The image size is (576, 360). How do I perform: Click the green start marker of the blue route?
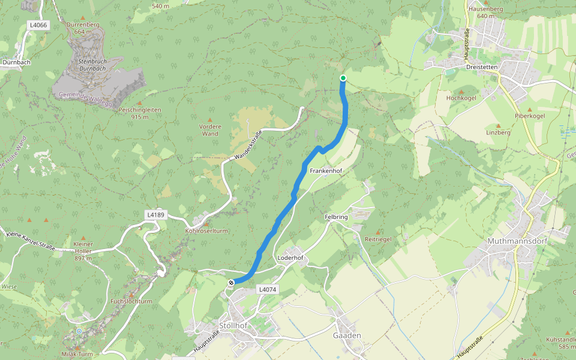point(343,78)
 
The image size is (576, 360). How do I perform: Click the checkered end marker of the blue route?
point(231,283)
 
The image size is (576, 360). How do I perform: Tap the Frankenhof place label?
point(326,171)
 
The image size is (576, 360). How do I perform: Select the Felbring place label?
point(337,217)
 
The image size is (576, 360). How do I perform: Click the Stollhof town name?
point(234,325)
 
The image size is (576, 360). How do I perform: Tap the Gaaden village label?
point(347,335)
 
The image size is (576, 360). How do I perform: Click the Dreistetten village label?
point(482,67)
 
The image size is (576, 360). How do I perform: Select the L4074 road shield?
point(268,289)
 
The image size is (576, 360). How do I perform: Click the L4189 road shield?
point(155,214)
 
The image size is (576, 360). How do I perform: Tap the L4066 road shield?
point(37,25)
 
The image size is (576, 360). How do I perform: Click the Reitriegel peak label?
point(378,239)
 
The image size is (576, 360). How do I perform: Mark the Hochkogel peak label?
point(461,97)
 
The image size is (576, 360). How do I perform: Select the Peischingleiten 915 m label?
point(140,113)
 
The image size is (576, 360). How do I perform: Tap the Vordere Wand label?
point(210,130)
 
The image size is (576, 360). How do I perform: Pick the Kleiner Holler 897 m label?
point(83,248)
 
